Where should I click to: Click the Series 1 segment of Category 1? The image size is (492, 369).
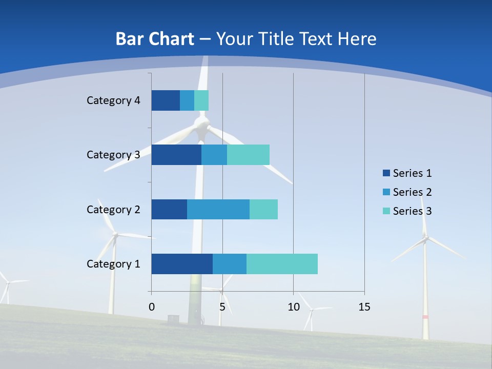coord(182,264)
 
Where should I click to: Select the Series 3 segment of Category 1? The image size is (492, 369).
coord(282,264)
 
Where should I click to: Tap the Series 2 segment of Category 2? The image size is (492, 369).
coord(218,209)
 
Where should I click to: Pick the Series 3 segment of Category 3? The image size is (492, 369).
coord(248,155)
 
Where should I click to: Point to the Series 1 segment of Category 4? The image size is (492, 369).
coord(166,100)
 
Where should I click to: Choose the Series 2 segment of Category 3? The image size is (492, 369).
coord(214,155)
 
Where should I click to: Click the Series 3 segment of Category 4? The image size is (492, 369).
coord(201,100)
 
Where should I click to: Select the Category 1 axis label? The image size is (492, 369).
coord(113,264)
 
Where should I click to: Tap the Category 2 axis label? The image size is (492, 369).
coord(113,209)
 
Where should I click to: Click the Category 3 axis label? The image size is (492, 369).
coord(113,155)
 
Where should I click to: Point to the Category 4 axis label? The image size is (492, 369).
coord(113,100)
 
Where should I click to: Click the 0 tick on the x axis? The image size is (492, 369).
coord(152,307)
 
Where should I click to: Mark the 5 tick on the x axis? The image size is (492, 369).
coord(222,307)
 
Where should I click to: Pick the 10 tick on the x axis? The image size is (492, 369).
coord(293,307)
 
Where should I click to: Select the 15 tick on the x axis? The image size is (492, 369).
coord(364,307)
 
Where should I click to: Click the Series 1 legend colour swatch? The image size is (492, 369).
coord(386,173)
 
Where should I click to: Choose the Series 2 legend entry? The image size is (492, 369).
coord(407,192)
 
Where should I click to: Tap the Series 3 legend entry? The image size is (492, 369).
coord(407,211)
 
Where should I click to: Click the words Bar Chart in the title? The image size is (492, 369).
coord(155,39)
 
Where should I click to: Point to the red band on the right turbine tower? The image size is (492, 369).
coord(425,317)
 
